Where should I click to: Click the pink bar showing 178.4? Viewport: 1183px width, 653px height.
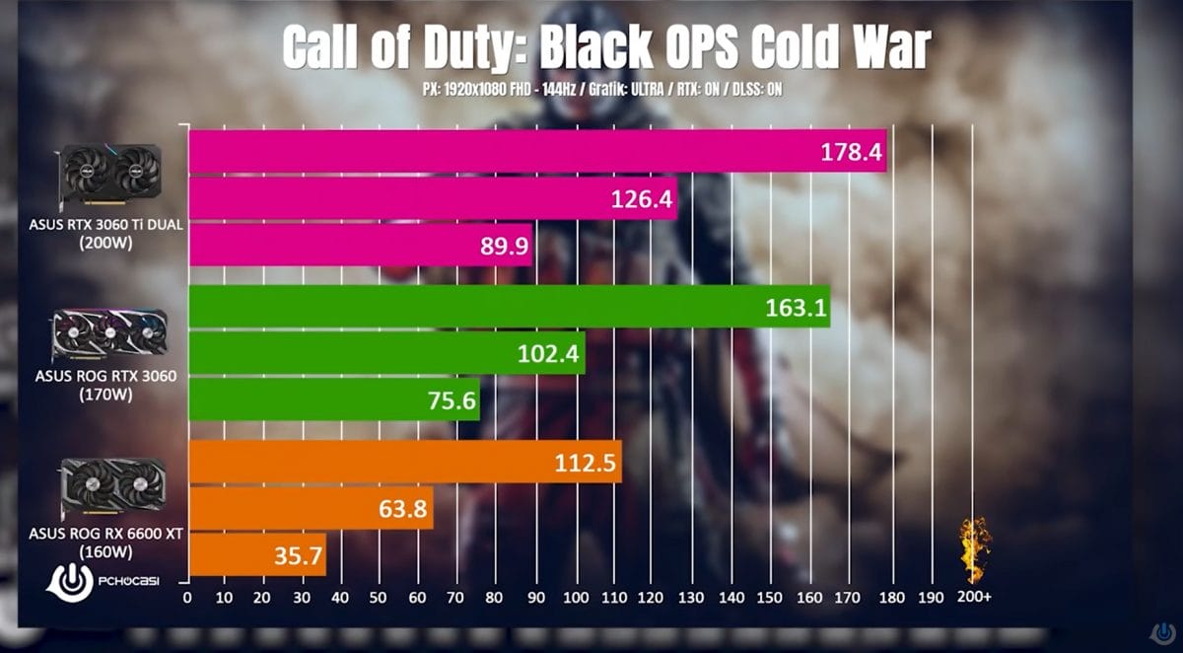[537, 151]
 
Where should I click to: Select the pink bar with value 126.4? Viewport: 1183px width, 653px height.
[433, 199]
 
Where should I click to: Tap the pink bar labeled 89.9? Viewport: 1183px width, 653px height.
[360, 245]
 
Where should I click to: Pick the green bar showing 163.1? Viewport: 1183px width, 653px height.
[509, 307]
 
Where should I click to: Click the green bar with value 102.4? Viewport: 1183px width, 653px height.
[386, 353]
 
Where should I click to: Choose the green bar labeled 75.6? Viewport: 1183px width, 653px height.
[334, 399]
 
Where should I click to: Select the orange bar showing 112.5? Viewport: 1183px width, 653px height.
[405, 462]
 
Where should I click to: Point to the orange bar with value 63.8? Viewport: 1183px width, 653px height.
[311, 508]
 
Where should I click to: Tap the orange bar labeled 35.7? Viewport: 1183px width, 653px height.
[257, 555]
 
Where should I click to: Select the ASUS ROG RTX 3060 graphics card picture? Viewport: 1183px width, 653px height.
[109, 335]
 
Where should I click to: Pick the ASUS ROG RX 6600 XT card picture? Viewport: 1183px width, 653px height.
[112, 486]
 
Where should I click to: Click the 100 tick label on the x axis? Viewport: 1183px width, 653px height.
[576, 598]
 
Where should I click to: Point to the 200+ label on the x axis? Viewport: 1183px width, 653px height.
[973, 598]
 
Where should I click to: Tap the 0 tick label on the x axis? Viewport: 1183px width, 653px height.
[188, 598]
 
